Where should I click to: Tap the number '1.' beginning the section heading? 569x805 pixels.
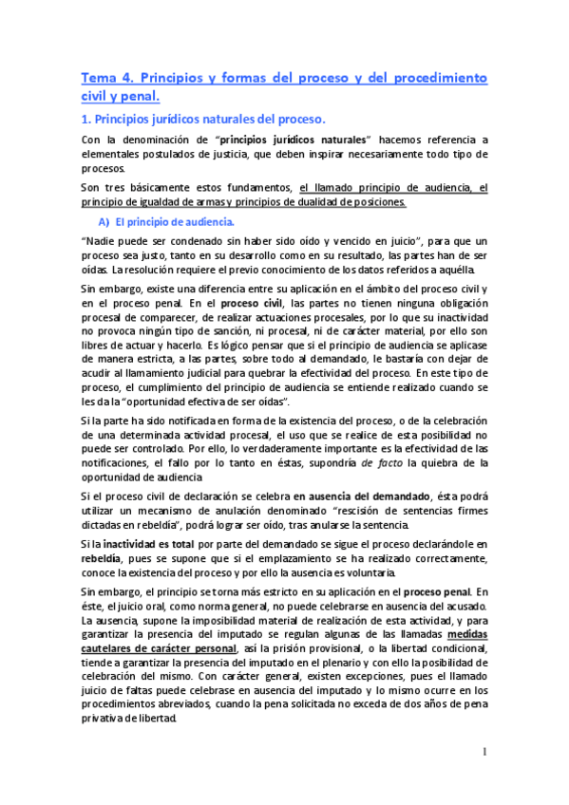tap(85, 120)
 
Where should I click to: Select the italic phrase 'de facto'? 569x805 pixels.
tap(378, 462)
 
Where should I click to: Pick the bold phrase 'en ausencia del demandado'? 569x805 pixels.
tap(362, 495)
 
